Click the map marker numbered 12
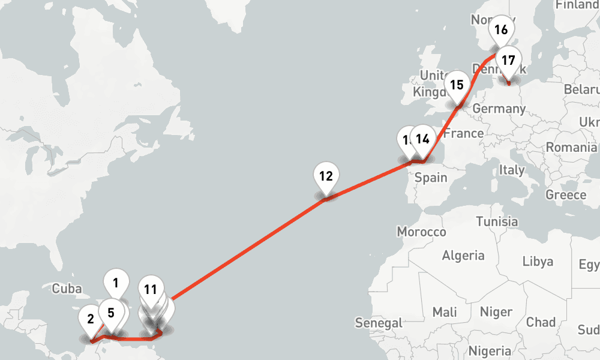click(x=326, y=176)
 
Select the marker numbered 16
click(x=501, y=29)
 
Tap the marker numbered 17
click(x=508, y=61)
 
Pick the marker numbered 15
click(x=457, y=85)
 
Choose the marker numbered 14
click(x=422, y=139)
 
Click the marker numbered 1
click(x=116, y=280)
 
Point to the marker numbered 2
click(x=91, y=319)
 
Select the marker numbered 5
click(x=111, y=313)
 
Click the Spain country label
click(x=431, y=177)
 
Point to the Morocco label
click(x=422, y=232)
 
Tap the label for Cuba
click(x=67, y=289)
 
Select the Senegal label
click(x=379, y=323)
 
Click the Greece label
click(x=566, y=195)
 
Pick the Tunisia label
click(x=496, y=221)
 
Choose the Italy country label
click(x=512, y=170)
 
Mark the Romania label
click(x=571, y=147)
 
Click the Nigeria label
click(x=490, y=350)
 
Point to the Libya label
click(x=538, y=261)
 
